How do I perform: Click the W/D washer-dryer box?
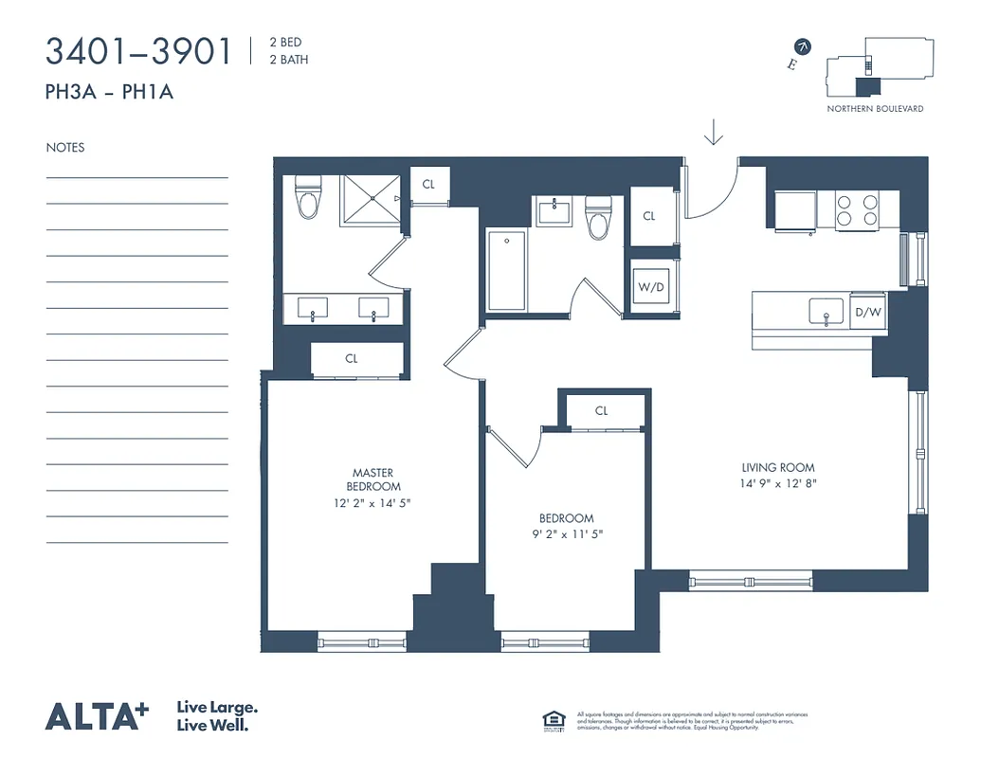tap(650, 285)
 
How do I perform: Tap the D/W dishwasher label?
tap(867, 312)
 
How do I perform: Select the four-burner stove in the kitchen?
tap(856, 209)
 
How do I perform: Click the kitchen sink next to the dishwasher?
tap(826, 311)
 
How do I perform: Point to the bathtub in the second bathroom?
tap(506, 270)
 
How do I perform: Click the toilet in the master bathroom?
tap(309, 197)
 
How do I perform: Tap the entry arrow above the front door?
tap(714, 134)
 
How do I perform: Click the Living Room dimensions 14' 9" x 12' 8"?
tap(778, 483)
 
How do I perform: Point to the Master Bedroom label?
tap(372, 479)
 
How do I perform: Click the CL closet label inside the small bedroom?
tap(601, 411)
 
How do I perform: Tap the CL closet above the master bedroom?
tap(352, 359)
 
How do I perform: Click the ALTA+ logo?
tap(97, 715)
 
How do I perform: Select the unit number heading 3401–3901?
tap(138, 51)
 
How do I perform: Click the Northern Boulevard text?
tap(875, 109)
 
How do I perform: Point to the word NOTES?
tap(65, 148)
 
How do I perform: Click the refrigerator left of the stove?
tap(795, 209)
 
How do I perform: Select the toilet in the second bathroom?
tap(597, 219)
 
